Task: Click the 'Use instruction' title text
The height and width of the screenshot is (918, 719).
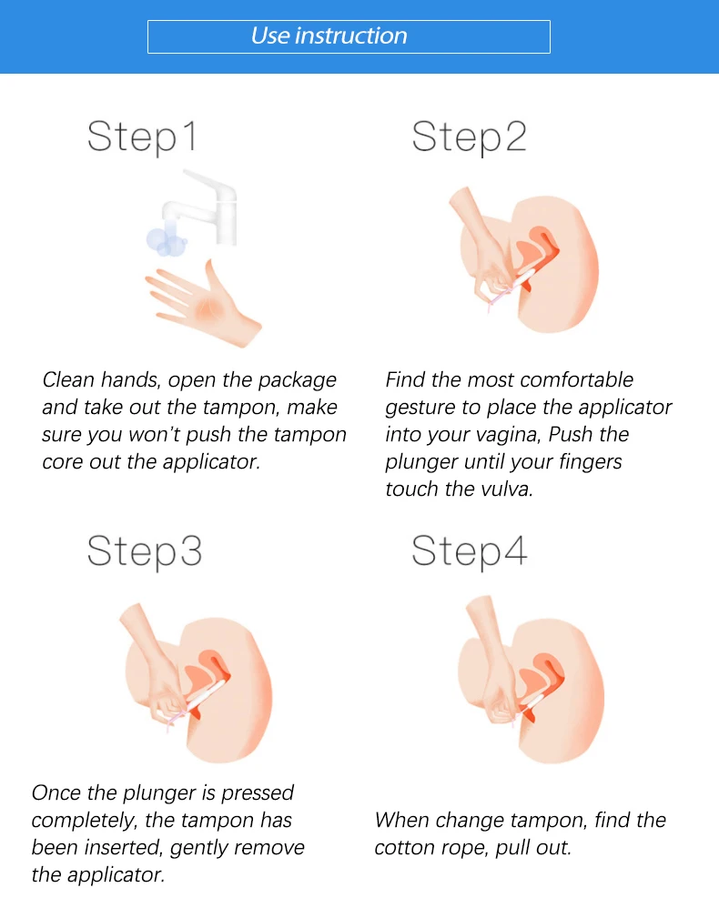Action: pyautogui.click(x=329, y=35)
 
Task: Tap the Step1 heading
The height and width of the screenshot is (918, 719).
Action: pyautogui.click(x=142, y=137)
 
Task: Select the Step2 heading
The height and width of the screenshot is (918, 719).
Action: pyautogui.click(x=469, y=137)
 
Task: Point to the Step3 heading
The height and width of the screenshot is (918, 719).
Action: pyautogui.click(x=145, y=551)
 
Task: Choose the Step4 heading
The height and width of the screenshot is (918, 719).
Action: pyautogui.click(x=469, y=551)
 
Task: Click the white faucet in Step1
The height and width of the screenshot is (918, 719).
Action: pyautogui.click(x=202, y=208)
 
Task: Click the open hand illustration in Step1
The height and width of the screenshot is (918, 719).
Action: pyautogui.click(x=203, y=304)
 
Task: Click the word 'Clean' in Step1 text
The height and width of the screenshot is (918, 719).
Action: pyautogui.click(x=68, y=380)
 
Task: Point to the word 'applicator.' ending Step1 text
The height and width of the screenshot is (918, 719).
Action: pyautogui.click(x=211, y=463)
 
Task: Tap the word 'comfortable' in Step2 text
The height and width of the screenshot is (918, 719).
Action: pyautogui.click(x=577, y=380)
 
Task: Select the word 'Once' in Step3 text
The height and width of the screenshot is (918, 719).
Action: pyautogui.click(x=56, y=793)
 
